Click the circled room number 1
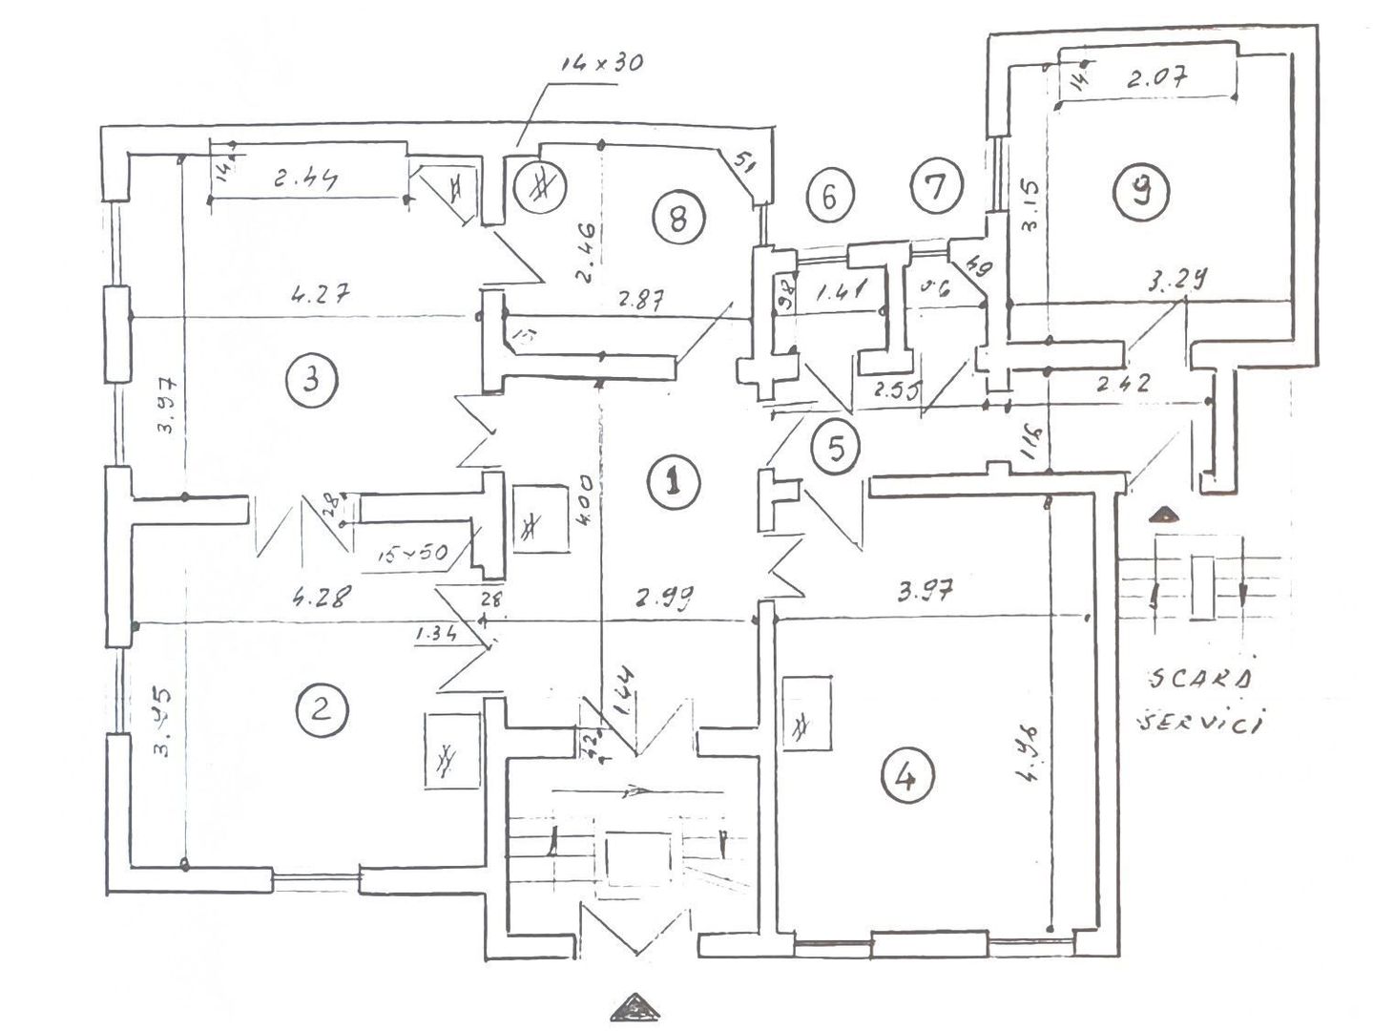(674, 482)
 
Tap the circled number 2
(322, 710)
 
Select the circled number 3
(311, 380)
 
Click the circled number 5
(836, 448)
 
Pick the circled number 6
(828, 196)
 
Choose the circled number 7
(936, 185)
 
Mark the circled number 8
(677, 220)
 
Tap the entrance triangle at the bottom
(636, 1007)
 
